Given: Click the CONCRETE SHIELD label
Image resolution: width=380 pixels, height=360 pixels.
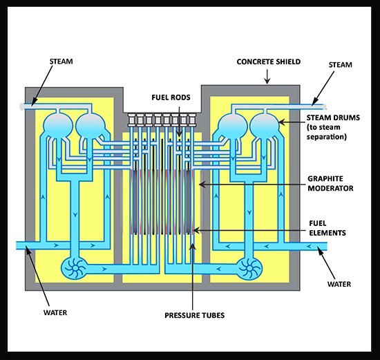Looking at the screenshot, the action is [269, 61].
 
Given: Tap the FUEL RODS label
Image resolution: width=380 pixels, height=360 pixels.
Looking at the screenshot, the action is [171, 97].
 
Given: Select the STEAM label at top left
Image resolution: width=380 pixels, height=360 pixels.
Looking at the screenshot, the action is [61, 61].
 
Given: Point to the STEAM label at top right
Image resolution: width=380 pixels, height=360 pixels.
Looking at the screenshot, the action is [340, 65].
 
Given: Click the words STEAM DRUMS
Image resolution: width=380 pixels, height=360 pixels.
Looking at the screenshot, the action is [333, 117].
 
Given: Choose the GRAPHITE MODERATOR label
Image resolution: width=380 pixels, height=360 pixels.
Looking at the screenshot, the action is [330, 184].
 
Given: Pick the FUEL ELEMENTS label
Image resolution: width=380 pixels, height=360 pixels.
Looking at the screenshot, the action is [327, 228].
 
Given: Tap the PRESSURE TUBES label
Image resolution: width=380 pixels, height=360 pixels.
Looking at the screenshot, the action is [195, 315].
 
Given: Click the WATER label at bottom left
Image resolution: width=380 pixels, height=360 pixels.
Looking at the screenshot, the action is [55, 312].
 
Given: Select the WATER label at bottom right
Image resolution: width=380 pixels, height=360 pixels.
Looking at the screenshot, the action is [339, 284].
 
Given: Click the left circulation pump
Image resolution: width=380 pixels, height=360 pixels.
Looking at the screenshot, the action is [74, 268].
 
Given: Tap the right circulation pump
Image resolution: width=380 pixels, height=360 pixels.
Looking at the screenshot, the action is [249, 269].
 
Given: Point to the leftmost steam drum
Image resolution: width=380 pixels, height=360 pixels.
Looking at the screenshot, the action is [58, 126].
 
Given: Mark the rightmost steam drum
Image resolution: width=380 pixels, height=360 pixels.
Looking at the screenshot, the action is [265, 126].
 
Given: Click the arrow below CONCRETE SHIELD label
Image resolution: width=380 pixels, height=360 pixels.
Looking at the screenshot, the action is [267, 77].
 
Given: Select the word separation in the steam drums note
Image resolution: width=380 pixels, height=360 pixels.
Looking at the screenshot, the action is [326, 137].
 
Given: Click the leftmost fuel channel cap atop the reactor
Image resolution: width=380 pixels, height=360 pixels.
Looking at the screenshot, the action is [133, 120].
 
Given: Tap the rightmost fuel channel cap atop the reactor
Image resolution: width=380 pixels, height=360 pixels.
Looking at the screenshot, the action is [191, 120].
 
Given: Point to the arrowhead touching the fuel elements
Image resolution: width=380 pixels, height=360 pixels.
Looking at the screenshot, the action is [196, 230].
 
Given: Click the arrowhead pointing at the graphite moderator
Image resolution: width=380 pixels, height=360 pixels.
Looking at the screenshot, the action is [202, 184].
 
